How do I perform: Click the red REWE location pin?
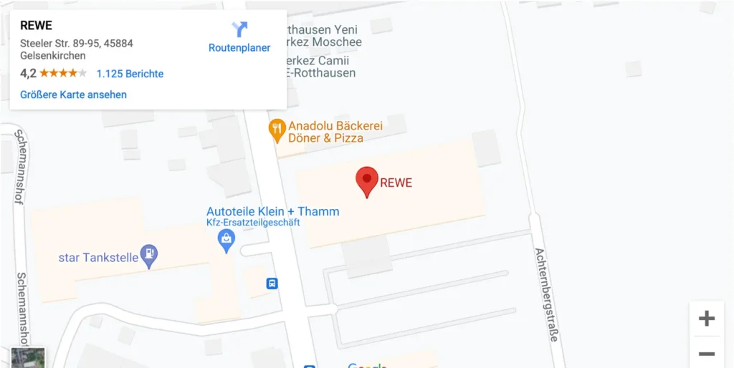[367, 180]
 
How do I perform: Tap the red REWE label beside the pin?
[396, 183]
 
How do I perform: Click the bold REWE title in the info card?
[36, 25]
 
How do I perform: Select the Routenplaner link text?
[239, 48]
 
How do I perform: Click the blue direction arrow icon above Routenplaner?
[239, 29]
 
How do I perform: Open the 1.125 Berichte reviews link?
[130, 74]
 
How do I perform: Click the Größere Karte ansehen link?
[73, 95]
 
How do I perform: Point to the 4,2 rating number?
[28, 74]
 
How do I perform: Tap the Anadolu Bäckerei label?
[335, 126]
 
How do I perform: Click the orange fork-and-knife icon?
[277, 130]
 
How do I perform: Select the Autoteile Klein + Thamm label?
[272, 211]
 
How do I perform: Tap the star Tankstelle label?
[97, 257]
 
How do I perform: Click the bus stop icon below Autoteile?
[272, 284]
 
